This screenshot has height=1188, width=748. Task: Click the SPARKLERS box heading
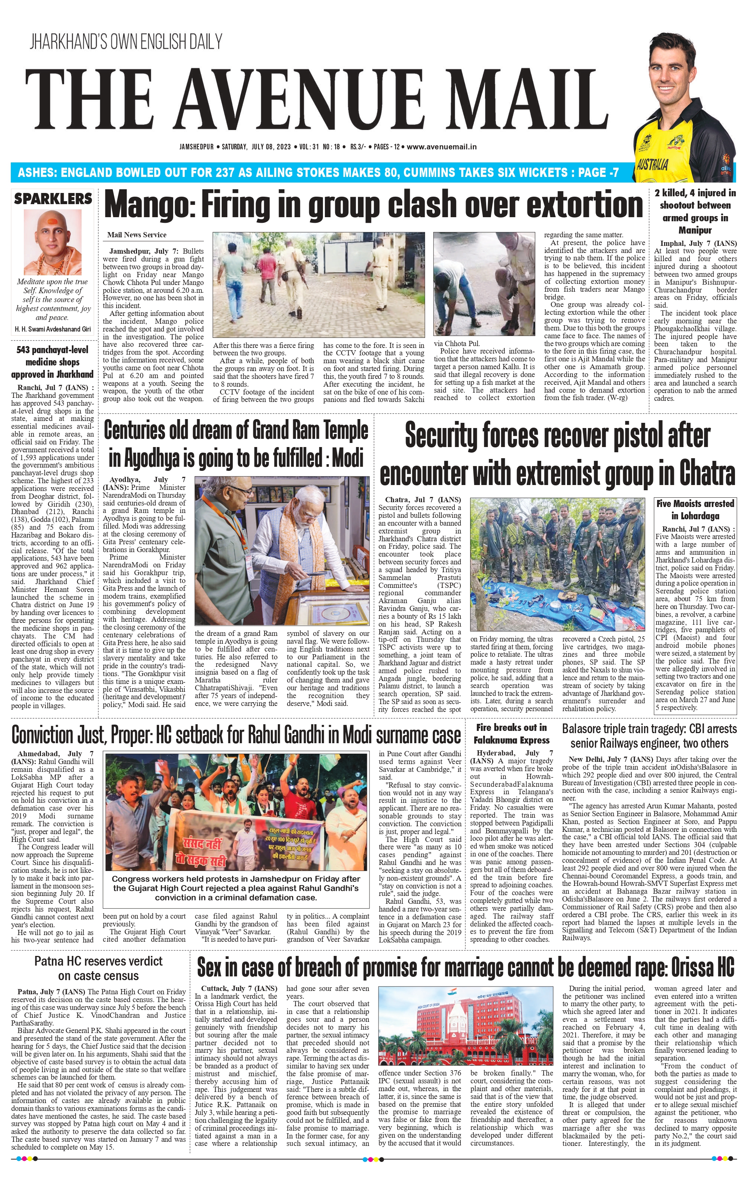point(53,199)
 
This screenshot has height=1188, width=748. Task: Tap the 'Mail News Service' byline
point(137,235)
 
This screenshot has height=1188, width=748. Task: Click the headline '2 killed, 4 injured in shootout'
point(695,211)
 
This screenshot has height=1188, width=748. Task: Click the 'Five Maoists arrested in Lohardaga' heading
point(695,510)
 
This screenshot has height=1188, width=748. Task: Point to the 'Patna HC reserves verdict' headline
point(98,968)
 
